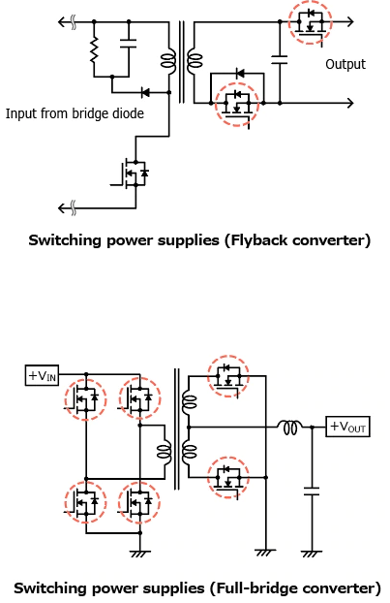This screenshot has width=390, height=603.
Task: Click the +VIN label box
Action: tap(42, 375)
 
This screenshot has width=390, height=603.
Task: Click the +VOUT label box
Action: tap(347, 427)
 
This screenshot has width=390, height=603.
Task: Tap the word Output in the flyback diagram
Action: tap(345, 64)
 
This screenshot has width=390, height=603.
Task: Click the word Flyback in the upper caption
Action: tap(255, 240)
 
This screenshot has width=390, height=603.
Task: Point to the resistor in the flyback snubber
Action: tap(94, 49)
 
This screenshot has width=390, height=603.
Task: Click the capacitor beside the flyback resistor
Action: tap(128, 43)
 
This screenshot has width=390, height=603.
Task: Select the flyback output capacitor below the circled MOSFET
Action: tap(280, 59)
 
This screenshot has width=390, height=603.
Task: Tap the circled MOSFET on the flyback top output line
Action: tap(310, 22)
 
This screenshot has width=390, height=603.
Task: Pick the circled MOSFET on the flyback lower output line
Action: tap(237, 104)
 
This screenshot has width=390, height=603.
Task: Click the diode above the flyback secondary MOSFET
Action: tap(240, 73)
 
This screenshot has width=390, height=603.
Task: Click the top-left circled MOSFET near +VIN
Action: tap(85, 398)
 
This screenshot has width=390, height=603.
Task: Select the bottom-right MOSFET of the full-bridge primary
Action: tap(139, 502)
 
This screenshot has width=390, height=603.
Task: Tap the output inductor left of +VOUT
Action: tap(290, 428)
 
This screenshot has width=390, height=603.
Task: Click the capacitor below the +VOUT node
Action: tap(312, 491)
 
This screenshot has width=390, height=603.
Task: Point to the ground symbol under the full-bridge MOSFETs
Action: tap(140, 554)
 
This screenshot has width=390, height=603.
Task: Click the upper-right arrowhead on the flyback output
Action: tap(349, 22)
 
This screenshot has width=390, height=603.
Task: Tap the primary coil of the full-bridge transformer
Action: tap(165, 450)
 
